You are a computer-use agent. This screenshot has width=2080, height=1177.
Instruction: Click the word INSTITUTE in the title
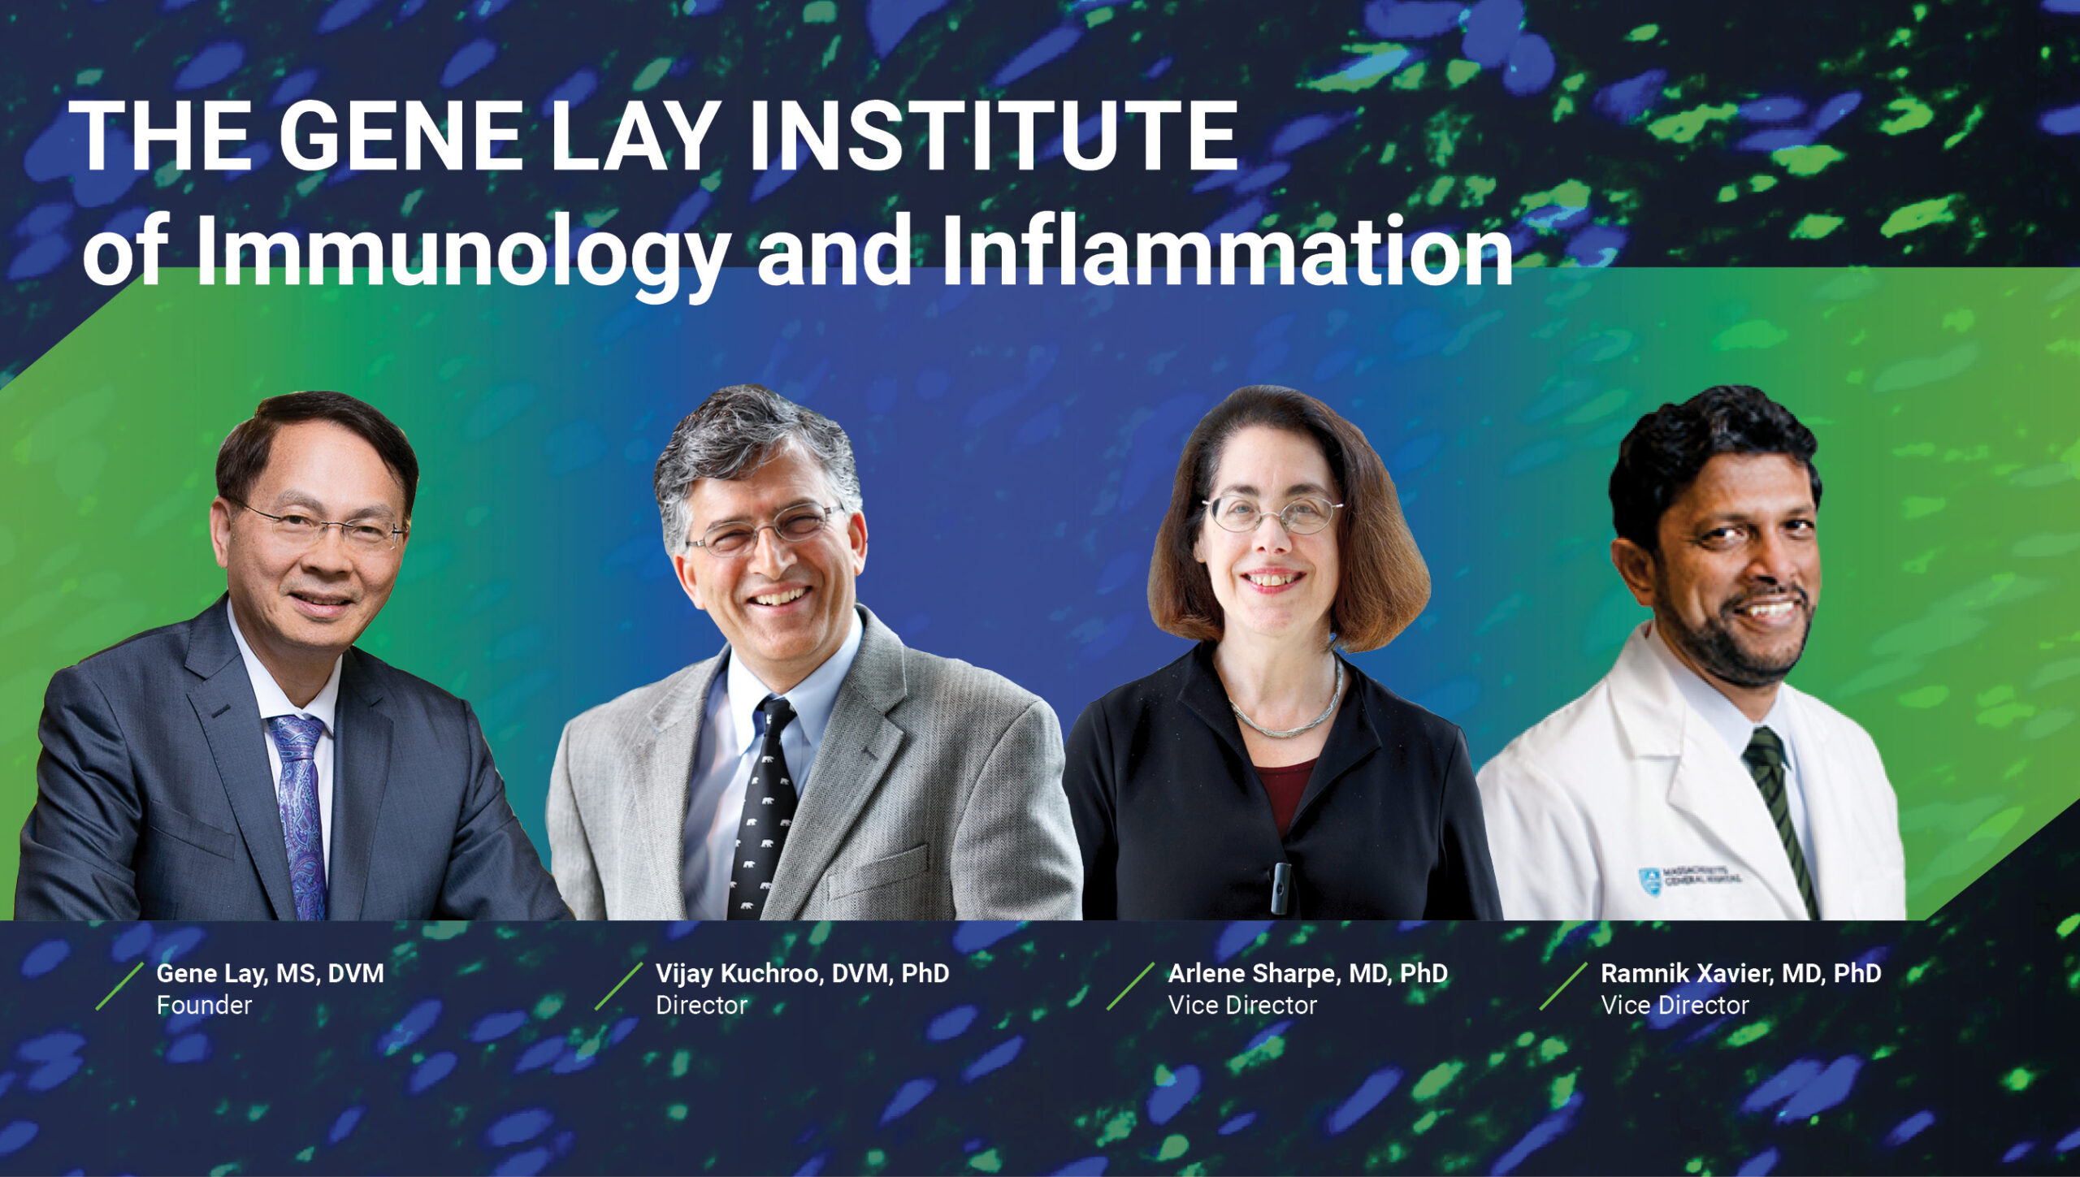tap(992, 136)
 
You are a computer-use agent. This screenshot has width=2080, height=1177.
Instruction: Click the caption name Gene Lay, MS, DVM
tap(270, 973)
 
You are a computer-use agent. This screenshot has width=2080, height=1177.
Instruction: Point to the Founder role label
tap(204, 1006)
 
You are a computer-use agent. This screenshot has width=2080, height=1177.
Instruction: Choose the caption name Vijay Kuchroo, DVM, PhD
tap(802, 973)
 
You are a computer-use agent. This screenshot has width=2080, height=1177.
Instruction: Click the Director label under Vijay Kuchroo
tap(701, 1006)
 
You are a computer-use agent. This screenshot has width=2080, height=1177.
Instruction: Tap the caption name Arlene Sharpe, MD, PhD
tap(1307, 973)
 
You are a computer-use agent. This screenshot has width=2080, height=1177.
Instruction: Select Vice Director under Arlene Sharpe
tap(1242, 1006)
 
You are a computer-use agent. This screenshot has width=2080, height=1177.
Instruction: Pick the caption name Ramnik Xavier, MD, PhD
tap(1740, 973)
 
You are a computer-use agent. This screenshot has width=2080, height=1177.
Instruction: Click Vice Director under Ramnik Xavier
tap(1675, 1006)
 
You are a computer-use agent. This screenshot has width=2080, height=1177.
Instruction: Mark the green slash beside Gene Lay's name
tap(120, 986)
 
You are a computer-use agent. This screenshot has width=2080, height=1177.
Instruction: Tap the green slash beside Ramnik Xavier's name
tap(1564, 986)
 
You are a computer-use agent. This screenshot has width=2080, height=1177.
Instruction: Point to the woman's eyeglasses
tap(1272, 513)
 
